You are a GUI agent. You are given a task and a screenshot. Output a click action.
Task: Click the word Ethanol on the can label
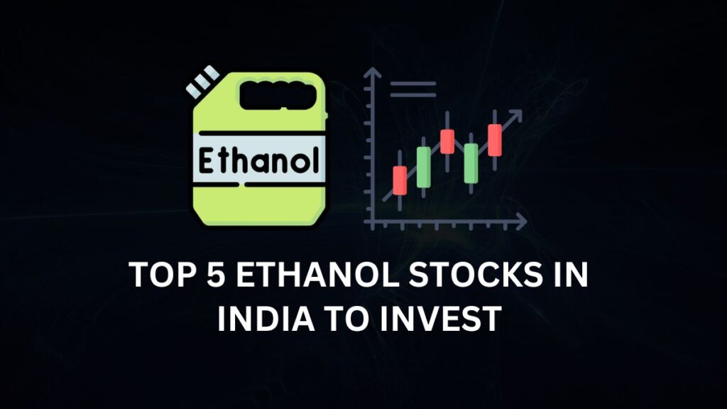pyautogui.click(x=257, y=160)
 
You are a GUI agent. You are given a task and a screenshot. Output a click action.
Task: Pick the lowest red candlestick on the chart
pyautogui.click(x=400, y=180)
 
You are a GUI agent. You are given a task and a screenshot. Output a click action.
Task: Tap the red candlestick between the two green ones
pyautogui.click(x=447, y=141)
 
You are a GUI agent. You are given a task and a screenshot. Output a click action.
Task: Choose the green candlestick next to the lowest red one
pyautogui.click(x=423, y=168)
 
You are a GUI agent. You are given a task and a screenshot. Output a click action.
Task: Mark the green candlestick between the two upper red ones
pyautogui.click(x=471, y=163)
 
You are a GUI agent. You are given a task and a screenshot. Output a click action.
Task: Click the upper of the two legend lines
pyautogui.click(x=412, y=83)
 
